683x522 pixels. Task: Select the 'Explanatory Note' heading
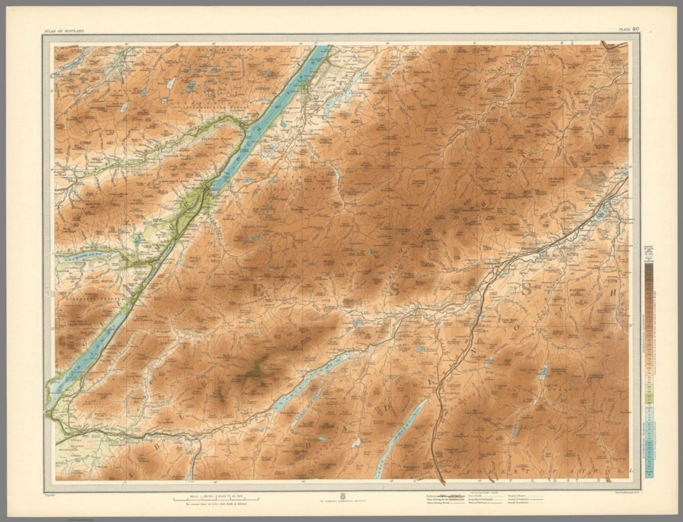[482, 493]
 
